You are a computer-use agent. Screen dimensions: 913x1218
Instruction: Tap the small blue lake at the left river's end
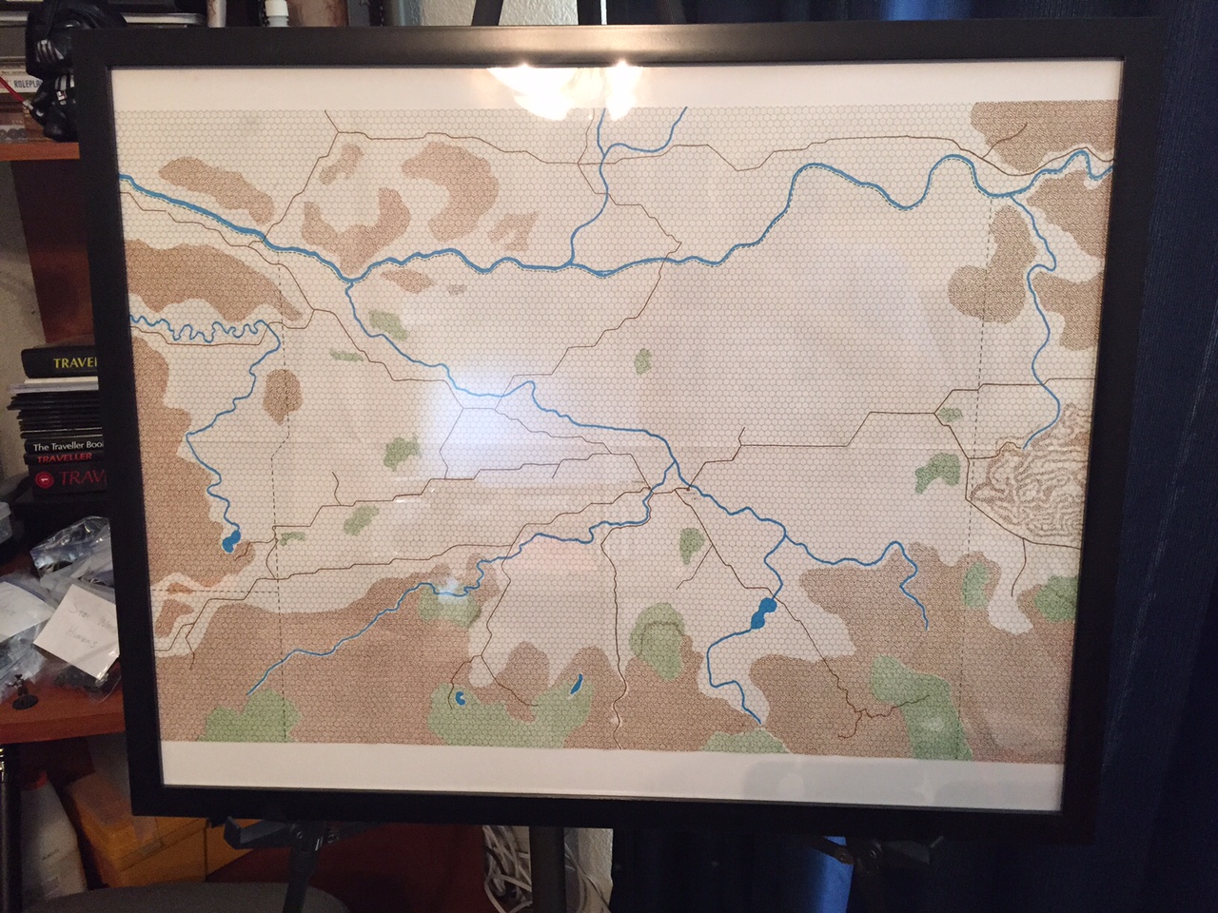click(x=229, y=543)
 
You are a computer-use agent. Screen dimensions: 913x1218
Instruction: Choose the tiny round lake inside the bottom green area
click(x=459, y=699)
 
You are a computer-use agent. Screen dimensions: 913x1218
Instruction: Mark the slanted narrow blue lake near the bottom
click(x=577, y=684)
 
